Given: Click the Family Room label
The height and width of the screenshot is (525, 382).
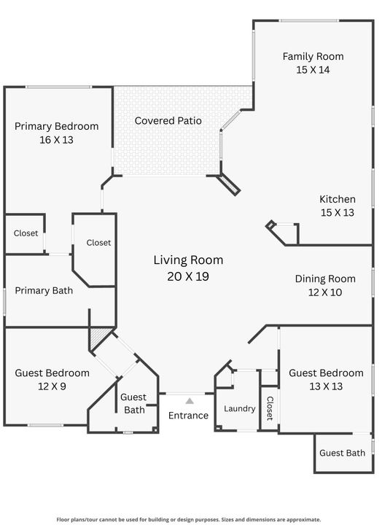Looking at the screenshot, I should (x=313, y=56).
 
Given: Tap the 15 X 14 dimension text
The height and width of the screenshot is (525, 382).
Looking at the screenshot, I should (x=313, y=70).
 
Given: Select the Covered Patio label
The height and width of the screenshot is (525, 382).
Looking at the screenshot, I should (x=168, y=120).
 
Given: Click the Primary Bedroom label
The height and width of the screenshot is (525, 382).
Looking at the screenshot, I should (x=56, y=126).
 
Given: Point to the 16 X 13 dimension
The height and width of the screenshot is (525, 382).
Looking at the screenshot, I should (x=56, y=139).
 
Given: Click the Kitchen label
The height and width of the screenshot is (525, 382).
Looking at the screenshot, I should (x=338, y=199).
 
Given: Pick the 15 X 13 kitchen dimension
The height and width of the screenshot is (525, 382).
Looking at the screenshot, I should (x=338, y=213).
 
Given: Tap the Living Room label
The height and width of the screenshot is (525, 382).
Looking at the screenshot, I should (x=188, y=260).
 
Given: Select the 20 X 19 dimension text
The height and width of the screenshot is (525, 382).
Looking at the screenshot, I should (x=188, y=276).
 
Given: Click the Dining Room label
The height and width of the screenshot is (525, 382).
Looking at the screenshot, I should (x=325, y=279).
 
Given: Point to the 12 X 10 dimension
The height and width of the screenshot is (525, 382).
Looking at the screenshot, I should (x=325, y=292).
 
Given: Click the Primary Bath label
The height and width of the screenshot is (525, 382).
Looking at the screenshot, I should (x=44, y=291).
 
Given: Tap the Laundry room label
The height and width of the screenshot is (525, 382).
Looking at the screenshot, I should (x=239, y=408).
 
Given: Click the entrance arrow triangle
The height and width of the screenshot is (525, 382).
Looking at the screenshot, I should (x=189, y=400).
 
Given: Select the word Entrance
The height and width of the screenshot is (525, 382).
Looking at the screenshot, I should (x=188, y=416).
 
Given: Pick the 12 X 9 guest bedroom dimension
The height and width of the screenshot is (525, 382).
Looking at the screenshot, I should (x=52, y=386).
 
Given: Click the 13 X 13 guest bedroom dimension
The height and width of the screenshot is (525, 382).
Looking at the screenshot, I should (x=326, y=386).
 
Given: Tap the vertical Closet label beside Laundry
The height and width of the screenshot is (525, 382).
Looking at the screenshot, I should (x=269, y=408).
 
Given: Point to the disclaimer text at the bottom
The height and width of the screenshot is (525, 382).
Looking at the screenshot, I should (x=189, y=520).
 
